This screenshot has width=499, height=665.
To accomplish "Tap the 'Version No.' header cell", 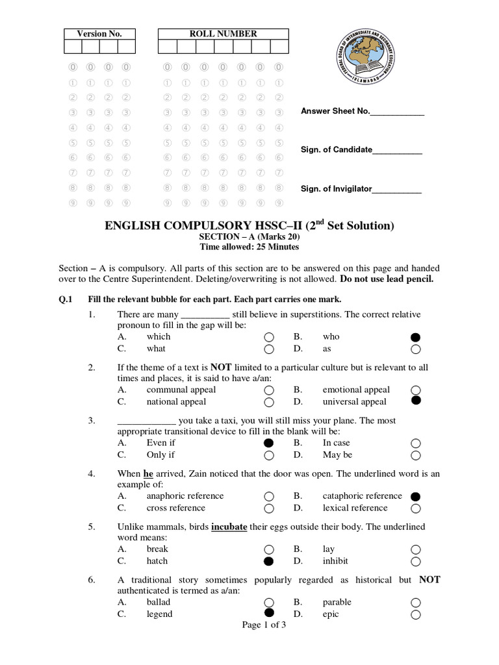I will (x=99, y=34).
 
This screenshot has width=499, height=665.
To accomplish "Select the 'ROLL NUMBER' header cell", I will (x=223, y=34).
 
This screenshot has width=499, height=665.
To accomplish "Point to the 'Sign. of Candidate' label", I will (x=336, y=150).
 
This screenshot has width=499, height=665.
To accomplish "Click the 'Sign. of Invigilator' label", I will (x=336, y=189).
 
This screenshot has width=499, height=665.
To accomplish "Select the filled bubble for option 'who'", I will (x=416, y=337).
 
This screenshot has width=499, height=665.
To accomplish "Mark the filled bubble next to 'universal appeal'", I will (x=416, y=401).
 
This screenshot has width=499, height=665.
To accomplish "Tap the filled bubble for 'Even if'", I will (x=268, y=443).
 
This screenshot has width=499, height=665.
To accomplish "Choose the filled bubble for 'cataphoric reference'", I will (x=416, y=496).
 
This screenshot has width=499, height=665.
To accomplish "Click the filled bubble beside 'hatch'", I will (x=268, y=561).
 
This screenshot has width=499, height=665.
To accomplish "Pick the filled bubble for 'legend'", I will (x=268, y=613).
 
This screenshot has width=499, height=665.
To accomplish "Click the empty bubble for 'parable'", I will (x=416, y=603).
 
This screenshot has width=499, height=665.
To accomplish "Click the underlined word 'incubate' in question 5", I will (x=229, y=527).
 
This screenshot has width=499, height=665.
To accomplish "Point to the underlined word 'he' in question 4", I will (x=147, y=474).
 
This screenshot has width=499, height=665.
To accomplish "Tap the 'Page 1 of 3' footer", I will (x=264, y=625).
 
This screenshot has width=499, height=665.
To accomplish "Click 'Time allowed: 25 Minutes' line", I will (x=249, y=247).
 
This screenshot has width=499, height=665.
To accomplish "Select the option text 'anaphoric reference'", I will (x=185, y=496).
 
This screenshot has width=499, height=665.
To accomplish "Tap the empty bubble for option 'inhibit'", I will (x=416, y=561).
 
